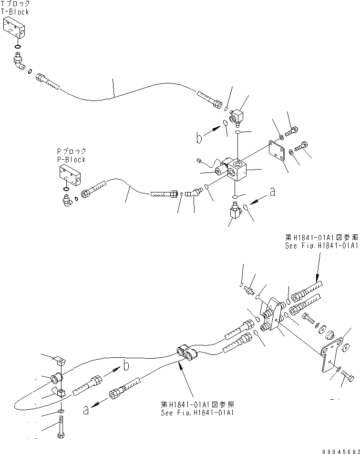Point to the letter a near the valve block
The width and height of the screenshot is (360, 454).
coord(272,192)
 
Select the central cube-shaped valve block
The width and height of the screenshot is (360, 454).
coord(237,171)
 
